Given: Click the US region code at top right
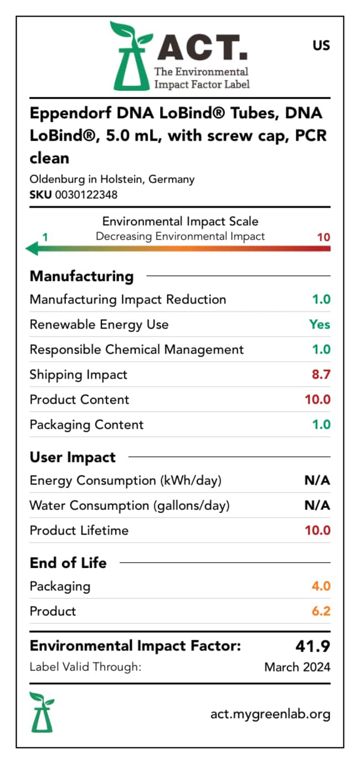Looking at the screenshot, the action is point(321,45).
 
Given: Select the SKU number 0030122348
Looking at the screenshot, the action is point(86,195).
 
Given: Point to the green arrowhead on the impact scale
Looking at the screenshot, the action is point(32,248).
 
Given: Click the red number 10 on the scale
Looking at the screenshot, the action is point(323,237).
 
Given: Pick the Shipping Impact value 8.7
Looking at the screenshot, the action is point(321,375).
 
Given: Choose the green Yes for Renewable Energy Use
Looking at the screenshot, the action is point(320,324).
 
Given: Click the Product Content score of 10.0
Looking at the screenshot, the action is point(318,399).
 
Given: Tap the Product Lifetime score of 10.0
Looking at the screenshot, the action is point(318,530).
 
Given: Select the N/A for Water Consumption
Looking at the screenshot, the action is point(317,505).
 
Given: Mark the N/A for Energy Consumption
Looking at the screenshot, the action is point(317,480).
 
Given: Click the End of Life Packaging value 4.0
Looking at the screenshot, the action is point(321,586).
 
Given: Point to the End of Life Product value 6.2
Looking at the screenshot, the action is point(321,611).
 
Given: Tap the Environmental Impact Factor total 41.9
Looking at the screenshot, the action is point(313,646).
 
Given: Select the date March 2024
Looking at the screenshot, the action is point(297,667).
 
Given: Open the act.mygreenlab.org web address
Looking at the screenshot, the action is point(271,714).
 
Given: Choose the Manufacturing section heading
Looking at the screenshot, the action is point(82,276).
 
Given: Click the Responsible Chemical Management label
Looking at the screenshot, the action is point(137,350).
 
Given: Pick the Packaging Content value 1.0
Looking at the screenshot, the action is point(321,424).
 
